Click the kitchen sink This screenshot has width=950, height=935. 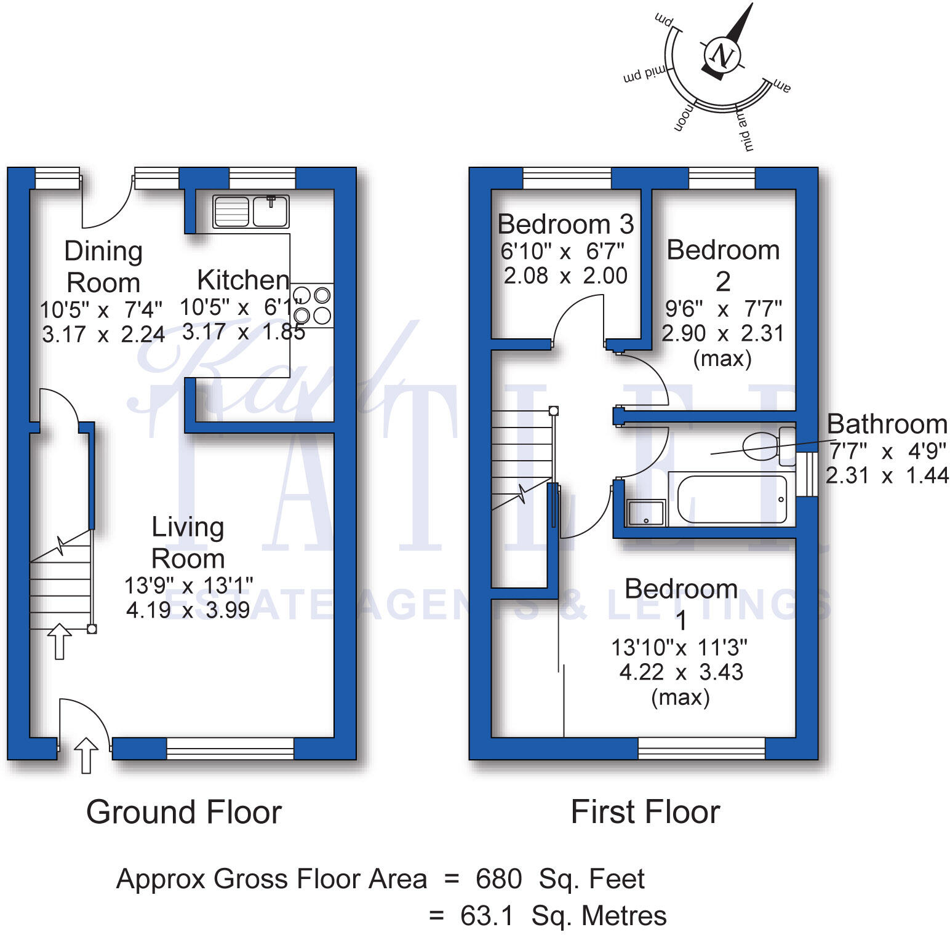pos(251,212)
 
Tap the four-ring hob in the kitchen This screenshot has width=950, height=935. pos(312,305)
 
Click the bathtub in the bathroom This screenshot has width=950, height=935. pos(731,499)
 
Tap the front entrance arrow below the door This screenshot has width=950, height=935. pos(86,755)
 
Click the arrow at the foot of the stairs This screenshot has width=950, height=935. pos(59,641)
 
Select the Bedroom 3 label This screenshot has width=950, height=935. pos(565,225)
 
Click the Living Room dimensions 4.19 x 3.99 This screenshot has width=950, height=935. pos(188,610)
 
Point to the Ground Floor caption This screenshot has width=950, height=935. pos(183,812)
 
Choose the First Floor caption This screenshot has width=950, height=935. pos(645,812)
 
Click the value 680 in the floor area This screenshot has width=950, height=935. pos(498,879)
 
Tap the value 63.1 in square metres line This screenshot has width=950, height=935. pos(486,916)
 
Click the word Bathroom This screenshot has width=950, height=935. pos(887,424)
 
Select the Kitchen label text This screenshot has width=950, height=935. pos(243,280)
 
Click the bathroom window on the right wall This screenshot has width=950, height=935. pos(807,474)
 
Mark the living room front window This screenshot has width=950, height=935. pos(230,748)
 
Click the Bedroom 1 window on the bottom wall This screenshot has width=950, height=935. pos(701,748)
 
